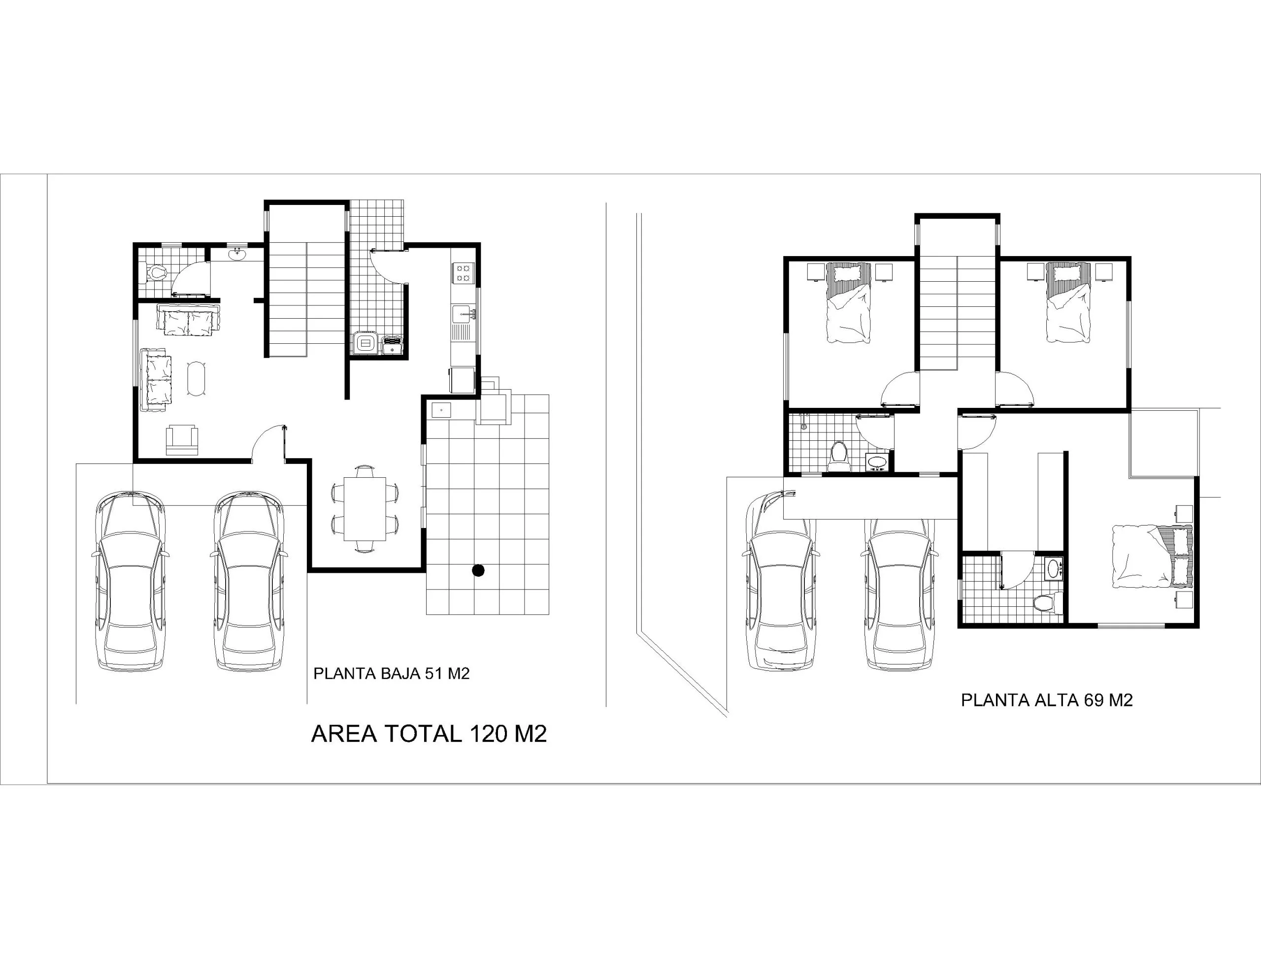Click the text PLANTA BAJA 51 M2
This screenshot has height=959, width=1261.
coord(391,674)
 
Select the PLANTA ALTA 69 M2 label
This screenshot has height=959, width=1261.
coord(1047,700)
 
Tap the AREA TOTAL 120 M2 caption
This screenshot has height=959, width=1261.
coord(429,733)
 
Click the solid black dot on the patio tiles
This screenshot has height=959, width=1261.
coord(478,570)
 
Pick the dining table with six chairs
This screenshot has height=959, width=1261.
coord(365,509)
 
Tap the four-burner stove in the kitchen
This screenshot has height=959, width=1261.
coord(463,273)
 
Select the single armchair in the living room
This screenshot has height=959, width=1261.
coord(182,439)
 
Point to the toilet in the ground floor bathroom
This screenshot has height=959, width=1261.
coord(155,272)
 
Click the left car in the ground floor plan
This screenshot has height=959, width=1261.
coord(130,581)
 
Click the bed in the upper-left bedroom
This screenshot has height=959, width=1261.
coord(849,302)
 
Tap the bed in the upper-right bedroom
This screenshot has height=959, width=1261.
coord(1068,302)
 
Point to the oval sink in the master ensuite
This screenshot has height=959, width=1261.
coord(1054,568)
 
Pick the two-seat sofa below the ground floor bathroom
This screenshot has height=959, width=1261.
coord(188,320)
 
